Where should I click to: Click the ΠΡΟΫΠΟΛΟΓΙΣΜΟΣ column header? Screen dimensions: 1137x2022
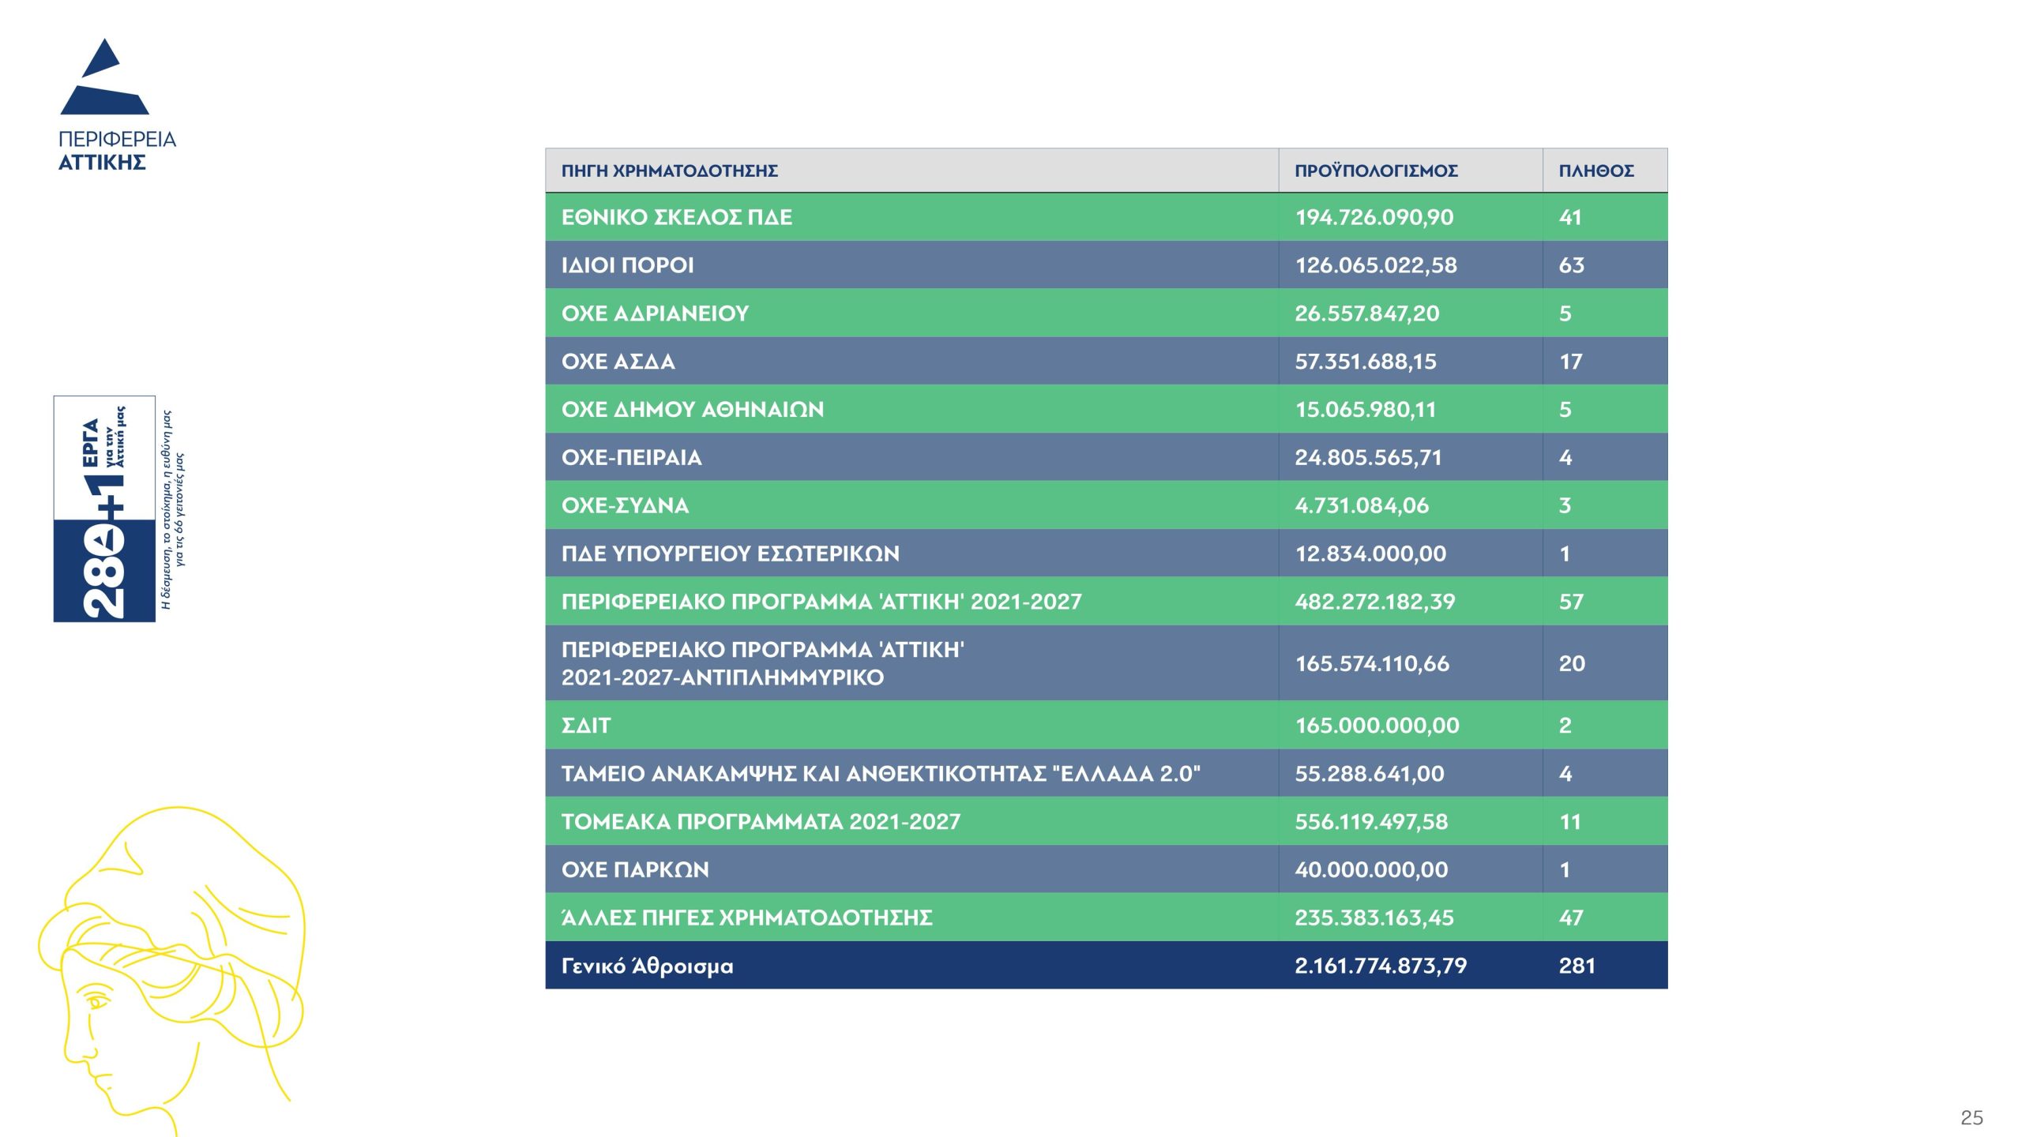(x=1376, y=171)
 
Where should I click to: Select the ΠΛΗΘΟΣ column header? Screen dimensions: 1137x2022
(x=1595, y=171)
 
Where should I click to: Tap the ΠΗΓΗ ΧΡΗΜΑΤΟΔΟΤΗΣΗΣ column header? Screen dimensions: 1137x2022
(x=670, y=171)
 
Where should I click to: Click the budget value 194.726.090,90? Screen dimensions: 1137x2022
(x=1374, y=217)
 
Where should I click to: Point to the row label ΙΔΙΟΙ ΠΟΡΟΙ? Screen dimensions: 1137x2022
(x=627, y=265)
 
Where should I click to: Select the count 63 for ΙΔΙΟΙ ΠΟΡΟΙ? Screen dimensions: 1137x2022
(x=1571, y=265)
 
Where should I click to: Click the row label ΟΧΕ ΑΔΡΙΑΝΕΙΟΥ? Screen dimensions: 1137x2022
(x=655, y=313)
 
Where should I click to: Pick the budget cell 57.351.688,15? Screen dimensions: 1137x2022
(x=1365, y=362)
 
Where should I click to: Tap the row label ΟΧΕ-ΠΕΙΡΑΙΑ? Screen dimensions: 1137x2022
(x=631, y=458)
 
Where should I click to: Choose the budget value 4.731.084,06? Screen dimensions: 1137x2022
(x=1362, y=505)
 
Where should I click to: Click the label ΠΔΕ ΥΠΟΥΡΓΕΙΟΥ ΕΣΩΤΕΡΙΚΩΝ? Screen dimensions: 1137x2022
(x=730, y=553)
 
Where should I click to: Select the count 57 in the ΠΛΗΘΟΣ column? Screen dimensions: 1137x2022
(x=1571, y=602)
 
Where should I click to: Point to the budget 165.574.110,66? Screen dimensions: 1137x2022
(x=1372, y=663)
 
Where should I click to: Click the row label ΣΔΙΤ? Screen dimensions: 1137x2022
(x=586, y=726)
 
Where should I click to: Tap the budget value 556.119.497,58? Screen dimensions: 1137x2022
(x=1371, y=822)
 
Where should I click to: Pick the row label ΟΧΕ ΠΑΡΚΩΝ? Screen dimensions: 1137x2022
(x=635, y=870)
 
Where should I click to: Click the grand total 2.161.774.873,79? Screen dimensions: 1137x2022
(x=1380, y=966)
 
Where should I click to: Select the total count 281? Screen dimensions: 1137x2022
(x=1577, y=966)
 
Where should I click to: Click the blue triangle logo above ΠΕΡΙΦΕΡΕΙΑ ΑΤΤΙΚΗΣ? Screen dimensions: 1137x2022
(x=105, y=79)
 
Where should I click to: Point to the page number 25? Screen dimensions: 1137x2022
(x=1971, y=1117)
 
